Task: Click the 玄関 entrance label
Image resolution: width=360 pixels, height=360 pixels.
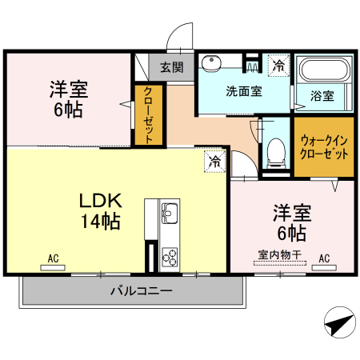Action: [170, 66]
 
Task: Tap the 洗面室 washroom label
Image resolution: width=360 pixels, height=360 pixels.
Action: [243, 90]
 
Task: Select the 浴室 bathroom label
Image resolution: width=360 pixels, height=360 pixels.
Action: [322, 95]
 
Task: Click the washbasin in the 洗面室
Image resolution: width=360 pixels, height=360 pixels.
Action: [212, 63]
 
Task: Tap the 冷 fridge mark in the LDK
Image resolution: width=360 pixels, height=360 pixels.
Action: [214, 161]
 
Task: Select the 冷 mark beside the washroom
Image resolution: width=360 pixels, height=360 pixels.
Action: [278, 64]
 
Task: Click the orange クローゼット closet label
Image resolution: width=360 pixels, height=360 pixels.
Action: [149, 115]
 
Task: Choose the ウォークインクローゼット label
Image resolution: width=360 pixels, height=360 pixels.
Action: [323, 146]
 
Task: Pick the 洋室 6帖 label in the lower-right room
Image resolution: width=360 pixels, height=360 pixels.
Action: [291, 223]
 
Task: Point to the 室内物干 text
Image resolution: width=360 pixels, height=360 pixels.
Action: [279, 255]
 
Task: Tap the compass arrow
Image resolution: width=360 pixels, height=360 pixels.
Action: [339, 324]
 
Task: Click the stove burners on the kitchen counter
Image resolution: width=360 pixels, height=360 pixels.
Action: [170, 257]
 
